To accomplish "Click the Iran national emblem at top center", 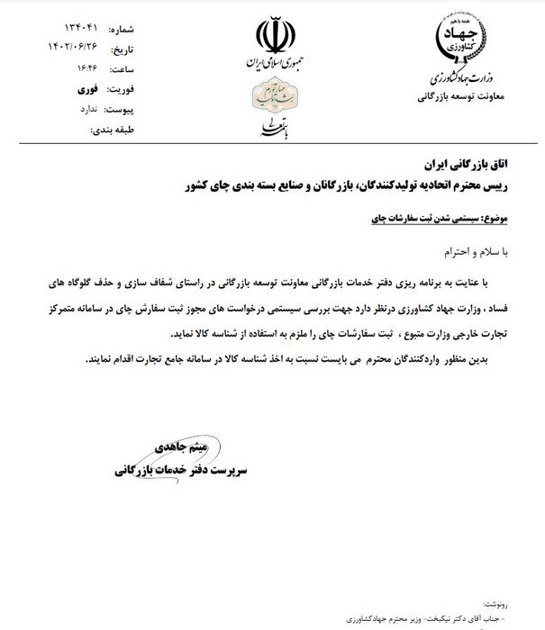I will tap(272, 37).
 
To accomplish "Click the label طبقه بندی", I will tap(113, 130).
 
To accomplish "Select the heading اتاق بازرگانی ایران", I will tap(465, 166).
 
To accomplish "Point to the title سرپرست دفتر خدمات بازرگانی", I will tap(180, 471).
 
